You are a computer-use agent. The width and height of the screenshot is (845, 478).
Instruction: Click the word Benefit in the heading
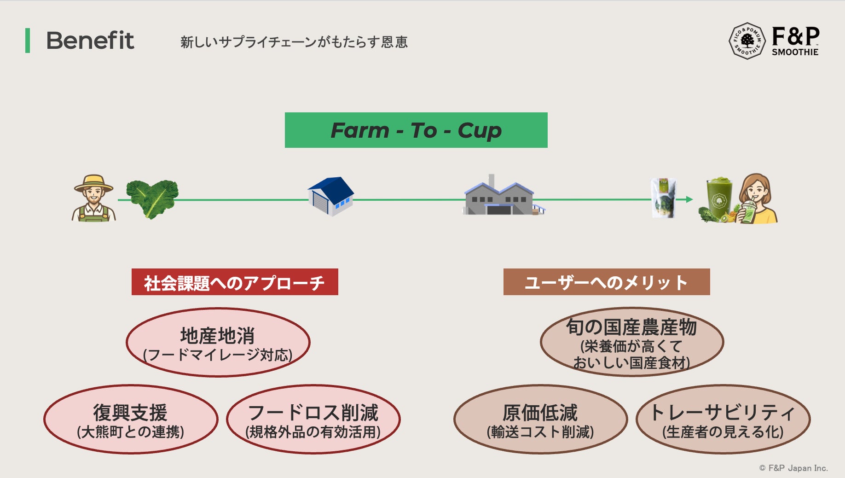coord(90,41)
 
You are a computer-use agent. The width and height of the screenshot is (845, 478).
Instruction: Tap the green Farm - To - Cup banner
coord(416,130)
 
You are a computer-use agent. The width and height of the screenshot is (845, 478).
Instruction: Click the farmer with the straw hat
coord(93,198)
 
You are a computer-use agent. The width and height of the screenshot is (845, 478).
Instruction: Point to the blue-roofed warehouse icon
coord(331,196)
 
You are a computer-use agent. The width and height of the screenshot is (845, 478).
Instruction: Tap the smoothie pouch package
coord(664,198)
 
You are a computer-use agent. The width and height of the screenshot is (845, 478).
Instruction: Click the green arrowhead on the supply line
coord(689,199)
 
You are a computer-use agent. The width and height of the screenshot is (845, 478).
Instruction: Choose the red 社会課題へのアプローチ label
coord(235,282)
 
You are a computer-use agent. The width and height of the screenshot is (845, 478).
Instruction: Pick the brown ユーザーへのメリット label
coord(607,282)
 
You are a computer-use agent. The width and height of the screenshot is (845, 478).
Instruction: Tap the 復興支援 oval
coord(131,420)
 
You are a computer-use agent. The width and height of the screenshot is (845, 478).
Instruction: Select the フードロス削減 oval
coord(313,420)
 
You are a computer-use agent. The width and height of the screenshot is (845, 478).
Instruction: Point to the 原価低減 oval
coord(540,420)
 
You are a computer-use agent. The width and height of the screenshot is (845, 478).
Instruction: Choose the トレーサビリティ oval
coord(723,420)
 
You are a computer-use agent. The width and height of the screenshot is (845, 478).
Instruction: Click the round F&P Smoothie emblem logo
coord(747,41)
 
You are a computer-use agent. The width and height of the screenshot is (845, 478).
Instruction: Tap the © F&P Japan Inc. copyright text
coord(793,468)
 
